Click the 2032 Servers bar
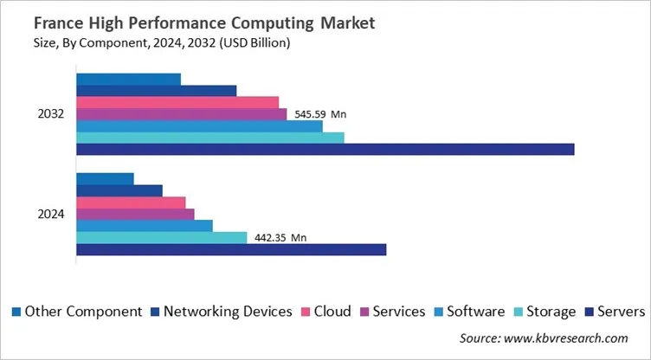click(325, 150)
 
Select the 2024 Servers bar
click(231, 250)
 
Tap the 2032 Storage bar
click(209, 138)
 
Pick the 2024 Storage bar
click(161, 238)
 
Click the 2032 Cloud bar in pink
click(177, 102)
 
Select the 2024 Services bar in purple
click(135, 215)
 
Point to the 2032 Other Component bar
click(128, 79)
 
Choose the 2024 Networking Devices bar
click(119, 190)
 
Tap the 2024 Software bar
click(145, 226)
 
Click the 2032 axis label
click(50, 114)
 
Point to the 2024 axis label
click(50, 215)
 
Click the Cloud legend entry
click(325, 312)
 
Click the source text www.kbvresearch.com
click(544, 338)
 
